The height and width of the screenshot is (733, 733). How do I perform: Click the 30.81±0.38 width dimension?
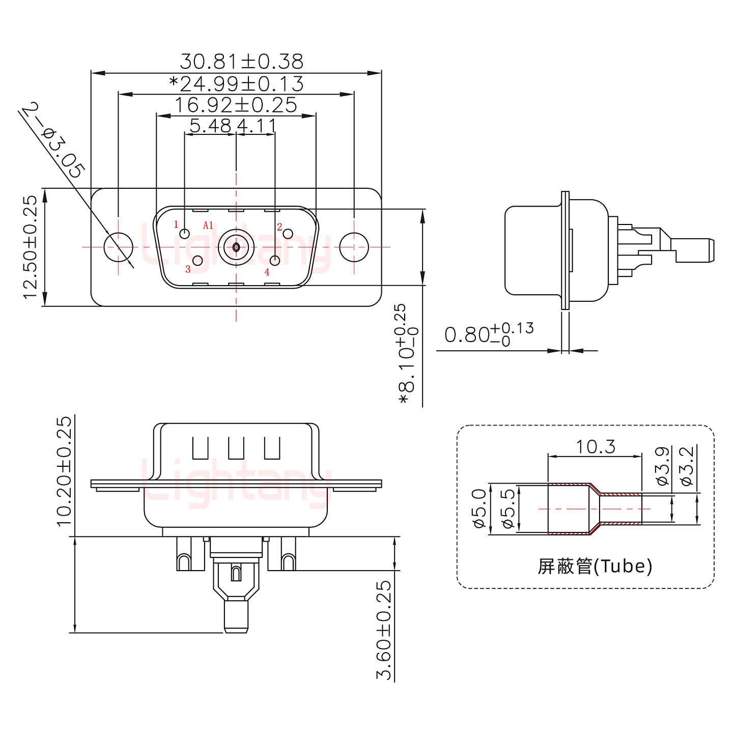point(241,62)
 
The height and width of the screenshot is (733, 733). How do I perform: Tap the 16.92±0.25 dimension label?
point(236,105)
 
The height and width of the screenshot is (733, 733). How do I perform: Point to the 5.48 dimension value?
point(210,125)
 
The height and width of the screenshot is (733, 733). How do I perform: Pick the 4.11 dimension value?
point(257,125)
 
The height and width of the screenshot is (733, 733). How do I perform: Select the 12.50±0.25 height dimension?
point(30,247)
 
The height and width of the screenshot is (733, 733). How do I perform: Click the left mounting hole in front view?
point(118,247)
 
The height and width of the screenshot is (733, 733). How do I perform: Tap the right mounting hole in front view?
point(354,247)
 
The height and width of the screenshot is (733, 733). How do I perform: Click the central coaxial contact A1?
point(236,247)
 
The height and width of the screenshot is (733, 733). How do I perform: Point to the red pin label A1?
point(208,225)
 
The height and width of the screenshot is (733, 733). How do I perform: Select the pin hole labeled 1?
point(185,234)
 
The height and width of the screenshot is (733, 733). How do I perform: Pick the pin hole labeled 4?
point(275,261)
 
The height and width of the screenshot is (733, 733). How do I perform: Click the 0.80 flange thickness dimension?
point(489,334)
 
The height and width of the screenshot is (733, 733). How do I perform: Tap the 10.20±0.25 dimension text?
point(64,471)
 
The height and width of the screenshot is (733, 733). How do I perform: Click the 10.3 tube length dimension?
point(595,447)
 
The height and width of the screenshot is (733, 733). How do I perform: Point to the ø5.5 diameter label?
point(508,509)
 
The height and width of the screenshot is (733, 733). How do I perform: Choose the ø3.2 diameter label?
point(687,466)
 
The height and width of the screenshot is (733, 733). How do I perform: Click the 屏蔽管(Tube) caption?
point(595,566)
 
